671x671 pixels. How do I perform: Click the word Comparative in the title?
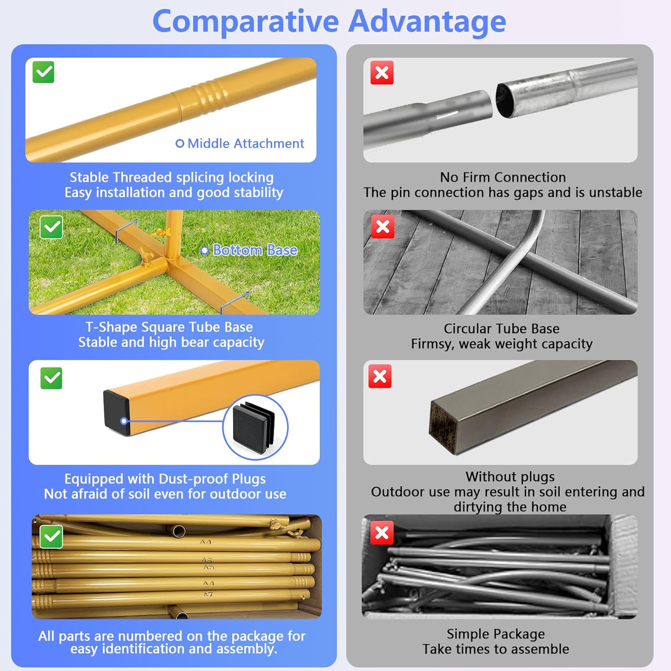[x=246, y=21]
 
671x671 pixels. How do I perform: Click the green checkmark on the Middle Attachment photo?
[x=43, y=72]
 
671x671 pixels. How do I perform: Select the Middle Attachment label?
[x=240, y=144]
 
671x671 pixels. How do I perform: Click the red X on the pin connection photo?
[x=382, y=72]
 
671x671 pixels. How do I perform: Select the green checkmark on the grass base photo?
[x=51, y=228]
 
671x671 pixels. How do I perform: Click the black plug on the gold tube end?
[x=117, y=412]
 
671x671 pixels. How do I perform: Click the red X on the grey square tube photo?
[x=380, y=376]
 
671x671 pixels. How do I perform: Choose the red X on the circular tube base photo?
[x=382, y=226]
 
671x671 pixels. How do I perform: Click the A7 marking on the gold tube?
[x=208, y=595]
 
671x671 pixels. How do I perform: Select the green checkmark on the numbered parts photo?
[x=51, y=537]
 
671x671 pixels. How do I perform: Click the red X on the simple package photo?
[x=382, y=532]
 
